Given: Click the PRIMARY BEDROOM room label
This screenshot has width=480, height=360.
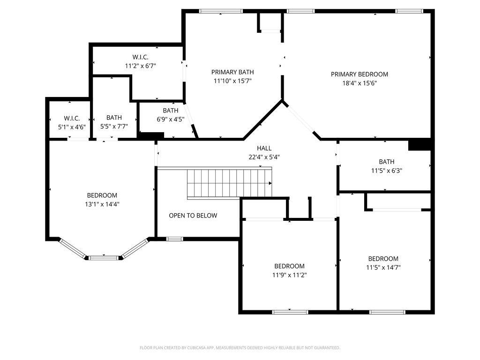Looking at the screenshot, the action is click(360, 74).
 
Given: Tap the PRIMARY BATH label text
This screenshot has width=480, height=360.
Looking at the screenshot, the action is click(232, 72).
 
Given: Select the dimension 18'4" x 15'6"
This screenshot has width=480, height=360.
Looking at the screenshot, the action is click(360, 83).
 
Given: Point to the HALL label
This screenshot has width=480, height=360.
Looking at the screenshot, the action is click(264, 148).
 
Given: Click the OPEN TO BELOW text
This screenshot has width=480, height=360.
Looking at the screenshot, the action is click(193, 216).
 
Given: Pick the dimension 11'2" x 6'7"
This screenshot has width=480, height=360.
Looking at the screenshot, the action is click(141, 66).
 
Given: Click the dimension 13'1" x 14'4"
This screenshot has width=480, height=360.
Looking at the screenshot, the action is click(102, 204).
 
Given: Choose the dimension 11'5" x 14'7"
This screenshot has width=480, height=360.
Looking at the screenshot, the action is click(383, 267).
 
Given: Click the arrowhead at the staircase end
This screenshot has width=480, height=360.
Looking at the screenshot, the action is click(270, 183).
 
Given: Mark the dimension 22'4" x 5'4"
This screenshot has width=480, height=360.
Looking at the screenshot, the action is click(264, 157).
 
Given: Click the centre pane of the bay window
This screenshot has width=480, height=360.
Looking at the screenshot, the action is click(103, 258).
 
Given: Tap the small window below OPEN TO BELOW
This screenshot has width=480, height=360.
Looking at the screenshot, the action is click(175, 239).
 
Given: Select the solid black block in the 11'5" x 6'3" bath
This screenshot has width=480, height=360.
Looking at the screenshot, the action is click(420, 145).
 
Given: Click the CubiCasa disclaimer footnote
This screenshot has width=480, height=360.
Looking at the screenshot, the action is click(240, 348).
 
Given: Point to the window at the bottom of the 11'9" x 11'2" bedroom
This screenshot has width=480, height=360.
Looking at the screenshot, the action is click(290, 312).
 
